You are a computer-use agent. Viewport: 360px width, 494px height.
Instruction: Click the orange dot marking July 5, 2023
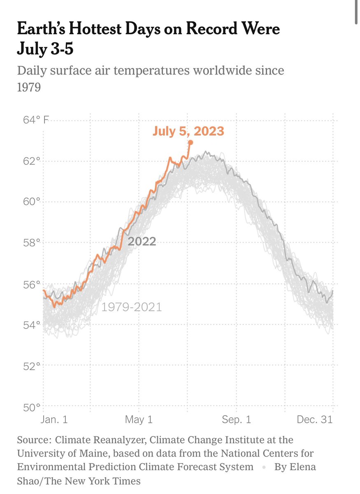coord(190,142)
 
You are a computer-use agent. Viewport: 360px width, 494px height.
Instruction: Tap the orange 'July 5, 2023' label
coord(188,131)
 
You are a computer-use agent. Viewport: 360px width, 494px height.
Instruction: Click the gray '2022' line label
coord(142,241)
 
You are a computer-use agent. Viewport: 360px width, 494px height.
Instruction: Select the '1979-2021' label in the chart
coord(132,307)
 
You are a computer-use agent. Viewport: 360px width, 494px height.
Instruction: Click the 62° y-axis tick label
coord(32,161)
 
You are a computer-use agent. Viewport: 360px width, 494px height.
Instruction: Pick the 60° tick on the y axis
coord(32,202)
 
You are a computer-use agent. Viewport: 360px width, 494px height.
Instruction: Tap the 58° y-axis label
coord(32,243)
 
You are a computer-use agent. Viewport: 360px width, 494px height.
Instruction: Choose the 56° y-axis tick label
coord(32,284)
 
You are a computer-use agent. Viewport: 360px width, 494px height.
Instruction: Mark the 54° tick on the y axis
coord(32,325)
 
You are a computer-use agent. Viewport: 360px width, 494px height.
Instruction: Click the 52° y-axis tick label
coord(32,366)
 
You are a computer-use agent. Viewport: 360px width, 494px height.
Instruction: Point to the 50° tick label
coord(32,407)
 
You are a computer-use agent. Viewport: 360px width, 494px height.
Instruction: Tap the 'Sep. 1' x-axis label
coord(237,420)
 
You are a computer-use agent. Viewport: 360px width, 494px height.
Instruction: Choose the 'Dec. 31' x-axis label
coord(315,420)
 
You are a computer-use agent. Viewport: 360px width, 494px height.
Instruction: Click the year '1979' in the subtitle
coord(29,88)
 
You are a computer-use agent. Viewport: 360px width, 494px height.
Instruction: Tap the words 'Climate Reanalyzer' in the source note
coord(101,440)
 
